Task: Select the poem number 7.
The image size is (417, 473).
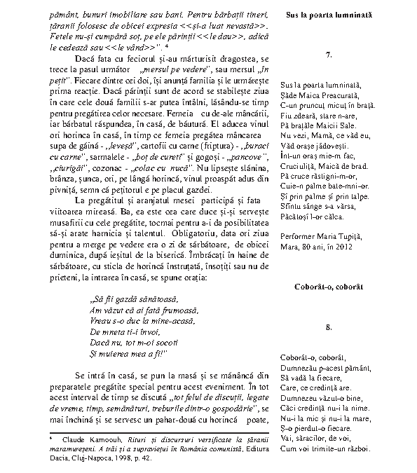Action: coord(329,55)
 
